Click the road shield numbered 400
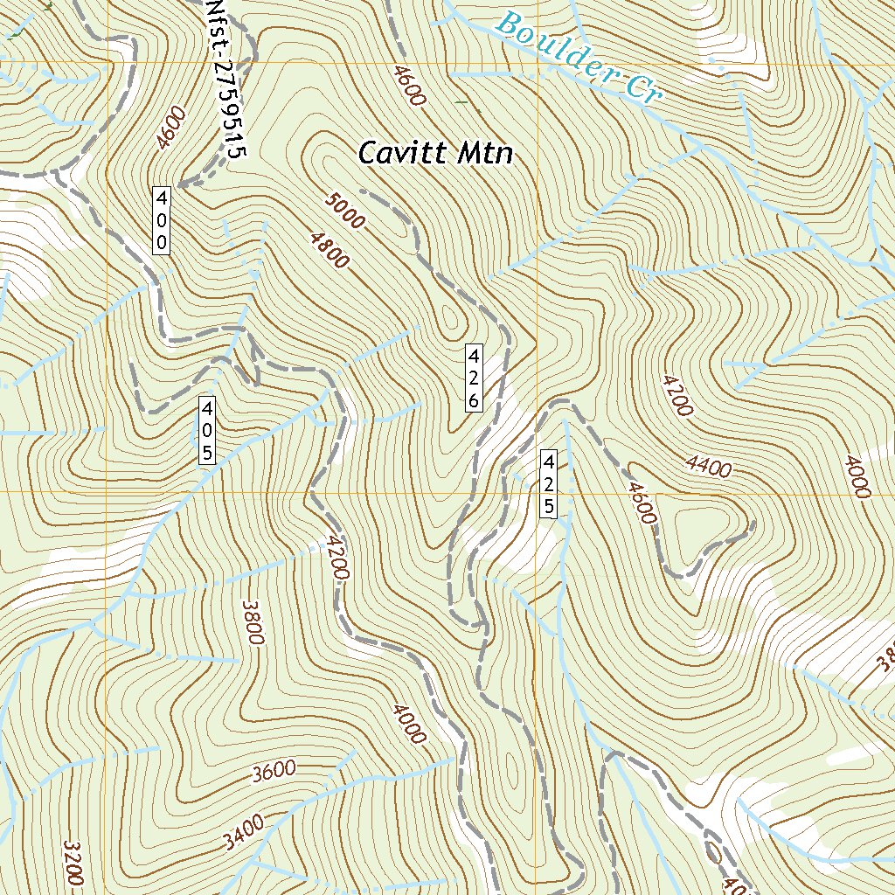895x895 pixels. (163, 219)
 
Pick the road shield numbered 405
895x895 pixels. (207, 430)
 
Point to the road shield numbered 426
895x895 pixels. (472, 378)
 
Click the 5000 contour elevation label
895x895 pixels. (344, 211)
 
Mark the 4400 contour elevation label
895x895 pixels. (709, 467)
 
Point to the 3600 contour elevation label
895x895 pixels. (274, 771)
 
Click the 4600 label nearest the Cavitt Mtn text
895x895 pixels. (409, 86)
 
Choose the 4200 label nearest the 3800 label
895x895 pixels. (336, 559)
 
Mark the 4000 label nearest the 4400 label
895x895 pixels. (857, 477)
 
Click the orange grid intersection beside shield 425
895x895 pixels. (534, 492)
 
